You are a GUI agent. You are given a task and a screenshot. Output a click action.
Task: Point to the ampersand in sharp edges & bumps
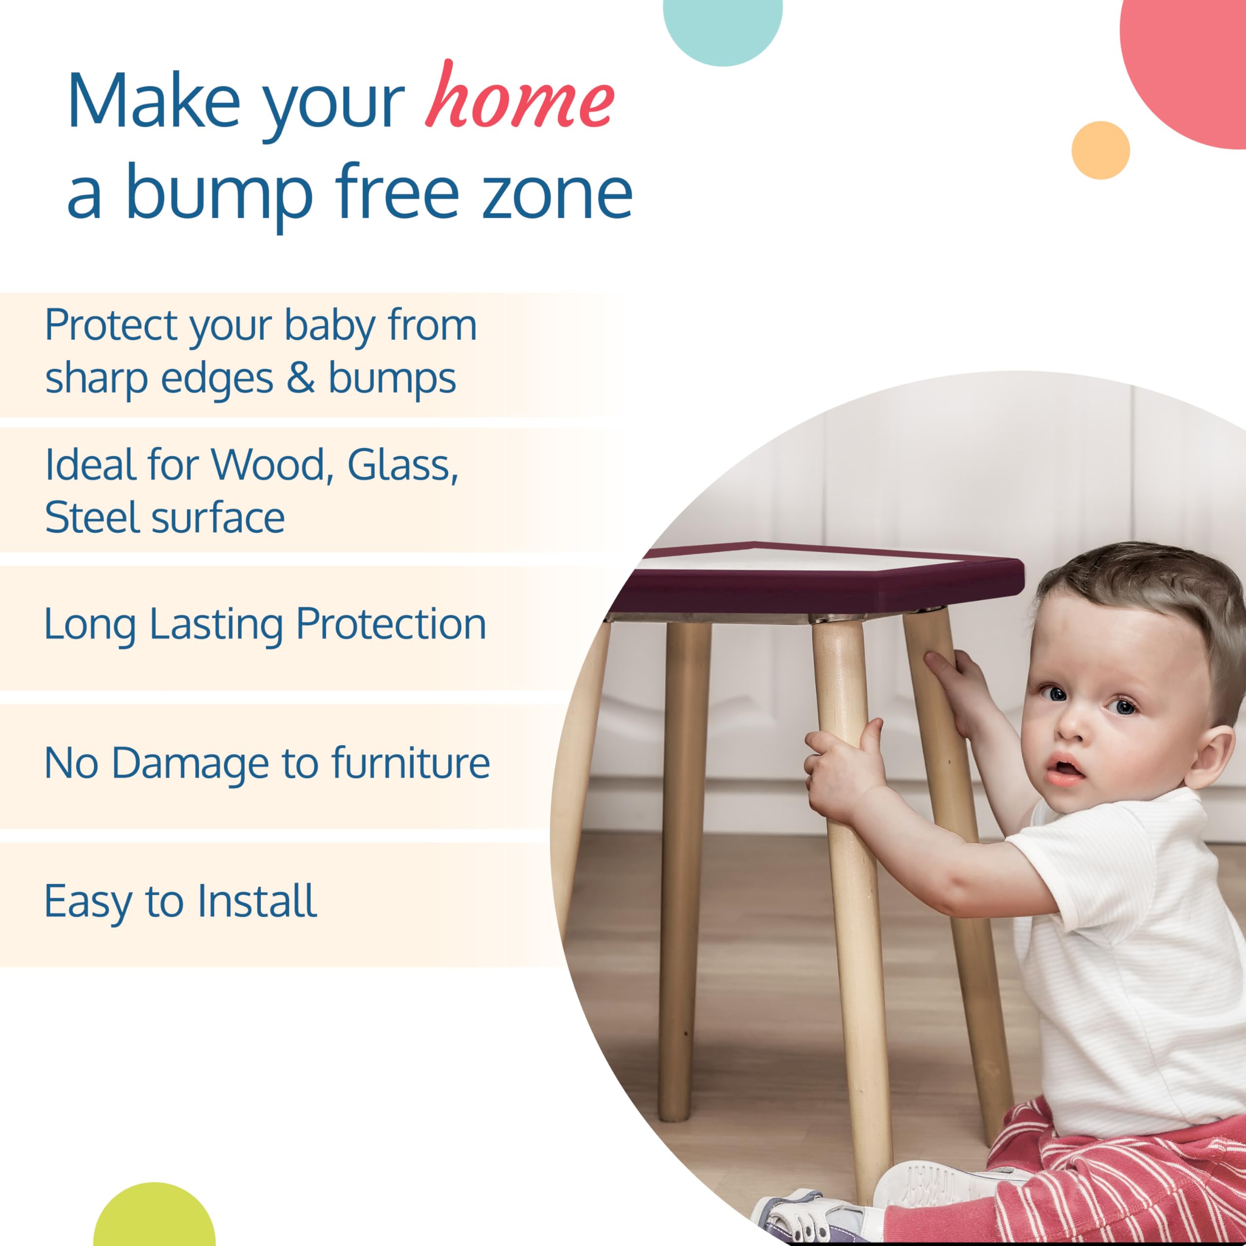[300, 378]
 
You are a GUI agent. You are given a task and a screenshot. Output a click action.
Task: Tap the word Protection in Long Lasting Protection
[391, 624]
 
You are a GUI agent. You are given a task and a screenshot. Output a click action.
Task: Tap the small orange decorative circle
[1100, 150]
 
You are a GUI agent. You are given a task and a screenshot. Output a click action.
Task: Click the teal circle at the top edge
[722, 26]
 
